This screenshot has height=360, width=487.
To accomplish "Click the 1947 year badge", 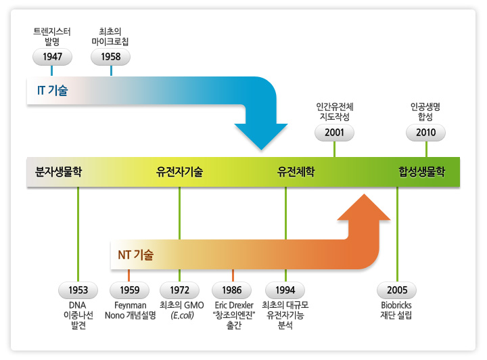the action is click(52, 57).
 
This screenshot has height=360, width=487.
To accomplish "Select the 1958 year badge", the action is click(110, 57).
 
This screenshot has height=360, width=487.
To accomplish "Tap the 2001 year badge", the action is click(335, 133).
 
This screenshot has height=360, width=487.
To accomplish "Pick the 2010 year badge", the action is click(426, 133).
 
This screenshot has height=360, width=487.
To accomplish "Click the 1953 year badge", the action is click(78, 290).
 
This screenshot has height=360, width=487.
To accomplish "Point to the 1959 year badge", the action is click(129, 290).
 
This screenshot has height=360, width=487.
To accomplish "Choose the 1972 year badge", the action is click(179, 290).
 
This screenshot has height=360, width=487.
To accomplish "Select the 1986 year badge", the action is click(232, 290).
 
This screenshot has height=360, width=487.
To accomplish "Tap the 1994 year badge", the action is click(285, 290).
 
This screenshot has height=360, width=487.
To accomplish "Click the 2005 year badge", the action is click(397, 290).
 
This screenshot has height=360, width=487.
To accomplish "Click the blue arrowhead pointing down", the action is click(261, 136).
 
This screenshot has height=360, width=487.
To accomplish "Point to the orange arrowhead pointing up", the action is click(364, 208).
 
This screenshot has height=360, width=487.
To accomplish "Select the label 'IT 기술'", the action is click(53, 91).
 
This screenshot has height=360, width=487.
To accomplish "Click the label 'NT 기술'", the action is click(136, 254).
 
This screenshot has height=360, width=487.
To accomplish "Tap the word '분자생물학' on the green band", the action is click(58, 171).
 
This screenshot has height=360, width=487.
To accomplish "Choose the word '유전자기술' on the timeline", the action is click(179, 171).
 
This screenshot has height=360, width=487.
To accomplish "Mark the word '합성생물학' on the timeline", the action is click(422, 171).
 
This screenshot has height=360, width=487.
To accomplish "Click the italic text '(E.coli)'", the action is click(183, 315).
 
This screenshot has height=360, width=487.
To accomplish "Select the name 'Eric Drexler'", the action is click(234, 305).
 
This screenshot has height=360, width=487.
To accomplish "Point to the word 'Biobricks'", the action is click(396, 305).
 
